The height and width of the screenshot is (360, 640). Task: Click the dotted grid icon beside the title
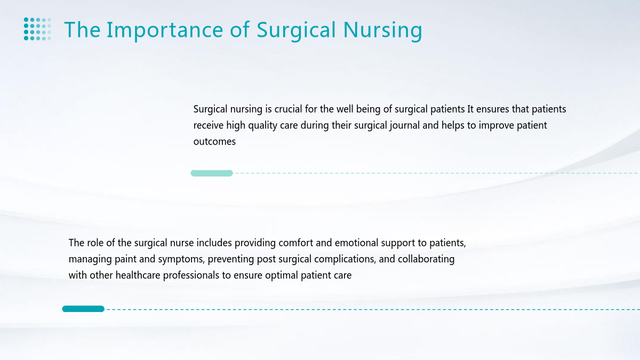pos(37,29)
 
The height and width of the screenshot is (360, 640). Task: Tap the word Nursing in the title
pos(382,30)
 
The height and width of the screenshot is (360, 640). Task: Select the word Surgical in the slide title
pos(296,30)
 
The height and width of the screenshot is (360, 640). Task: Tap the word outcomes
pos(214,142)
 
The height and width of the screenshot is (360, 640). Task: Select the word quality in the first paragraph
pos(262,126)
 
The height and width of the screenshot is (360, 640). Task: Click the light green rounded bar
pos(212,173)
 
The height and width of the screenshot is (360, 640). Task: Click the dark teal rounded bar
pos(83,309)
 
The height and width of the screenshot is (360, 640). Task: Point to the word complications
pos(345,259)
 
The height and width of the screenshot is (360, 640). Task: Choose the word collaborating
pos(426,259)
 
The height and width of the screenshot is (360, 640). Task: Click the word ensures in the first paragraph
pos(493,109)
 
